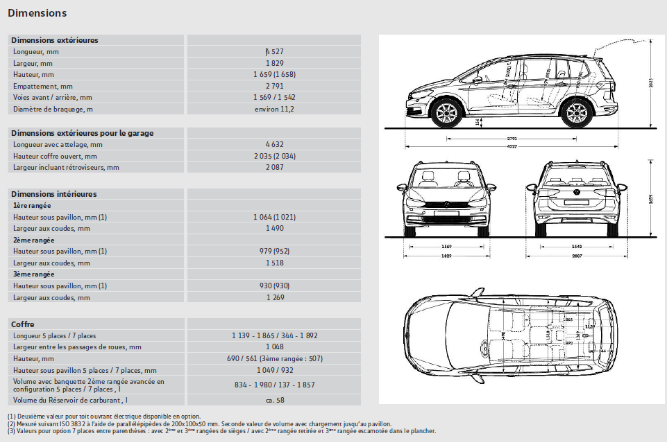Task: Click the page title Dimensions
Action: (37, 13)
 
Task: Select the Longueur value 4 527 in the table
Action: (274, 51)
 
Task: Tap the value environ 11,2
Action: (274, 109)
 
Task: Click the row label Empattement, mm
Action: (42, 86)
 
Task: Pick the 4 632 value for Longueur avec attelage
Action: (274, 144)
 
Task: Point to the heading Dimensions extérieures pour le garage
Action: (83, 133)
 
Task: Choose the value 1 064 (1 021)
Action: (274, 217)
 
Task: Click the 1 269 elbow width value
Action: (274, 297)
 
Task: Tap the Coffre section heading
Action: (23, 324)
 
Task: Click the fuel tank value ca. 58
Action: (274, 400)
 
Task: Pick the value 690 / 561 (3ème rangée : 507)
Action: (274, 358)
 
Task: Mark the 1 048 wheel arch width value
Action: (274, 347)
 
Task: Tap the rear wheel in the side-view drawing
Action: (575, 112)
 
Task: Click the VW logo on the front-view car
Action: (446, 204)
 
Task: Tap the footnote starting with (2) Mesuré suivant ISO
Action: (199, 423)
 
